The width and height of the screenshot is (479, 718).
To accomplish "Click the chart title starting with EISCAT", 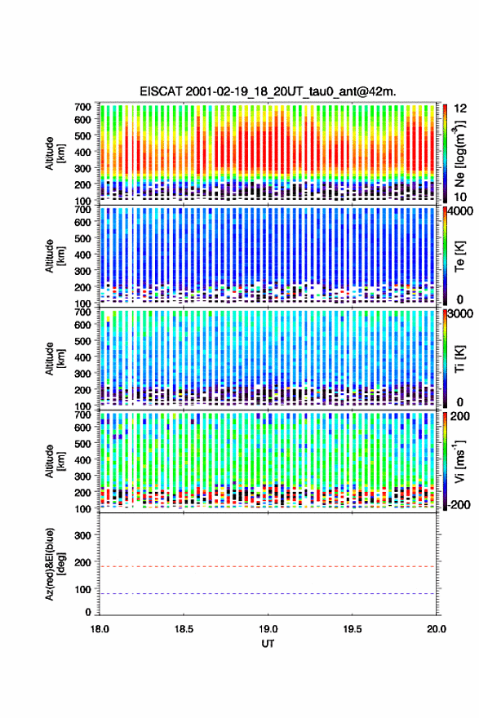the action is tap(268, 91).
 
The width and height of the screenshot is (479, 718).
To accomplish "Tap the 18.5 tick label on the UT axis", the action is tap(183, 629).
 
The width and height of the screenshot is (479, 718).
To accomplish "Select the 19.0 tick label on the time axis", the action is tap(268, 629).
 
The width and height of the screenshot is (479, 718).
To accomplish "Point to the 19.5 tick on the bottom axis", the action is tap(353, 629).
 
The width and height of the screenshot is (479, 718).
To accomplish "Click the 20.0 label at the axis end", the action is tap(437, 629).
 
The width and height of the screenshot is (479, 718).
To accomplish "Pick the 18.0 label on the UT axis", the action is tap(100, 629).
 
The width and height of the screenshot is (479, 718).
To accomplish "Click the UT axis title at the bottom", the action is tap(268, 644).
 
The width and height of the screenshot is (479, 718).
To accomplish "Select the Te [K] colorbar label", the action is tap(459, 256).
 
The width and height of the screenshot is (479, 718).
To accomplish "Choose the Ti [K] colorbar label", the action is tap(459, 358).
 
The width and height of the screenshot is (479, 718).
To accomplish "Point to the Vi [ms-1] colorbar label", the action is tap(459, 461).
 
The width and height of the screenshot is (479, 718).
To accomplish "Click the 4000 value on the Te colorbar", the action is tap(461, 212).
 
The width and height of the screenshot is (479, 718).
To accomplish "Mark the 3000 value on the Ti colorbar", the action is tap(461, 314).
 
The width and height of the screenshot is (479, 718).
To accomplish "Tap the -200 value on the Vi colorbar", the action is tap(459, 504).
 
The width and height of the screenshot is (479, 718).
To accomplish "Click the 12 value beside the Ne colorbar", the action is tap(461, 109).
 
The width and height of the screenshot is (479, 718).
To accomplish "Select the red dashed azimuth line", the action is tap(268, 566).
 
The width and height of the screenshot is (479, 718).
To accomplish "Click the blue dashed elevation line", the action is tap(268, 593).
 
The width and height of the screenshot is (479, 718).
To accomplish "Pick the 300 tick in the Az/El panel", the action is tap(82, 535).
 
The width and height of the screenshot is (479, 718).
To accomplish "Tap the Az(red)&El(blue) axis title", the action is tap(54, 564).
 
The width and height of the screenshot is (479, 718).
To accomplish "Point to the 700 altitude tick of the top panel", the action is tap(82, 107).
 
